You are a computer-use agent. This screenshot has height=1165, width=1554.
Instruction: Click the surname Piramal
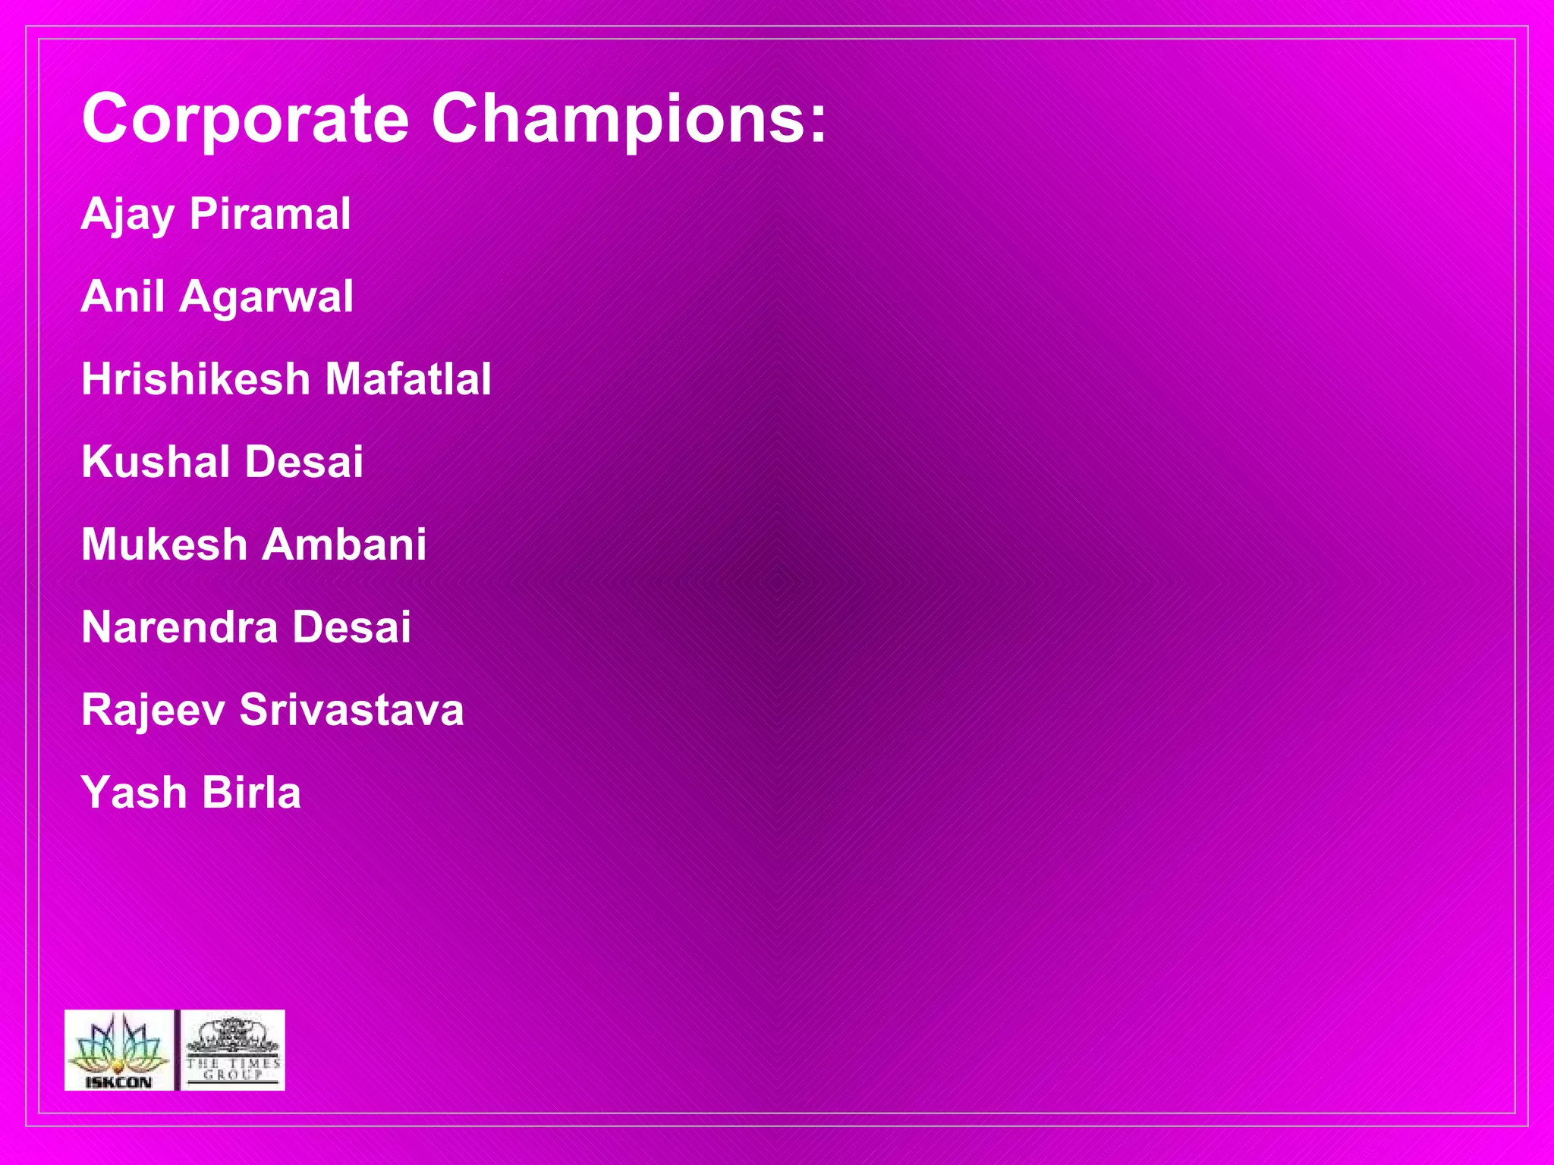270,214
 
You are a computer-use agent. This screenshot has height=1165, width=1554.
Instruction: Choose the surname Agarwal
266,297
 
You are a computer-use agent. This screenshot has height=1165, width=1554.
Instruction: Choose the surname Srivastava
351,710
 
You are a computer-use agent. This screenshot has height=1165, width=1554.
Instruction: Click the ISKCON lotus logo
118,1050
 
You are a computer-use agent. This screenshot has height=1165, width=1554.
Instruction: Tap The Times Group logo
232,1050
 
